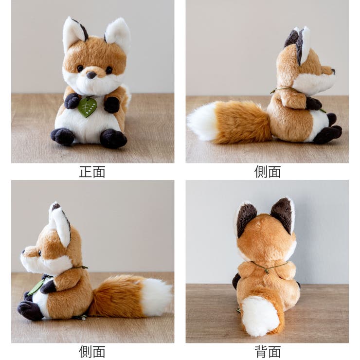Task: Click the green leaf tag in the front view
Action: [87, 107]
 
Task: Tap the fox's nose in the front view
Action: [91, 75]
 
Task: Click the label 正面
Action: [92, 172]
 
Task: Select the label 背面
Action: [268, 351]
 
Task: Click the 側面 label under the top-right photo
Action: [268, 172]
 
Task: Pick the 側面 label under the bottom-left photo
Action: [92, 351]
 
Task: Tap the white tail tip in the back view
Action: [260, 315]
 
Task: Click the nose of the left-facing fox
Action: [23, 252]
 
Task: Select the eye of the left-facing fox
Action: [39, 252]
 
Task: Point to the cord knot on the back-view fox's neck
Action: [266, 270]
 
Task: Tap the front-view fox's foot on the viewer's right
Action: [113, 138]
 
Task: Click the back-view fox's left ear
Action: [245, 218]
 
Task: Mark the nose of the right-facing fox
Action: [333, 71]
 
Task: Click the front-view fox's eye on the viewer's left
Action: [80, 69]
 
